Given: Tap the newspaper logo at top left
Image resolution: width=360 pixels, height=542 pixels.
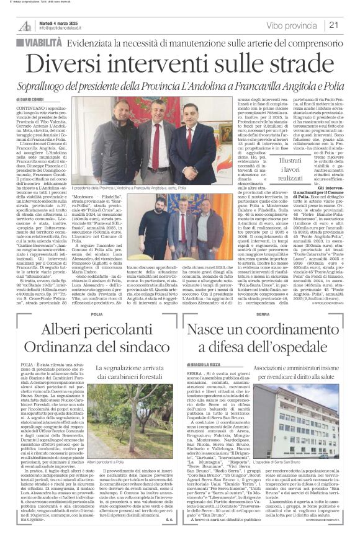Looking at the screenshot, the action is [x=25, y=25].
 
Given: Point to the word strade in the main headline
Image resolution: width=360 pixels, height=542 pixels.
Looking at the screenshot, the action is [x=286, y=63].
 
